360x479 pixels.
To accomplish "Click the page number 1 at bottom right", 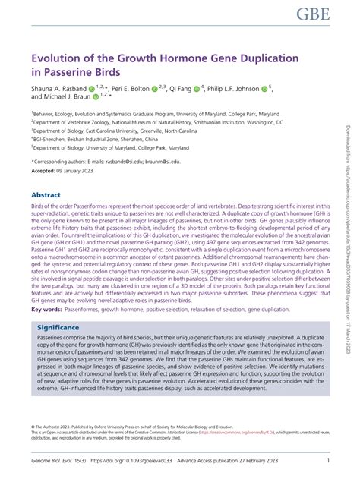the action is (327, 460).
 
